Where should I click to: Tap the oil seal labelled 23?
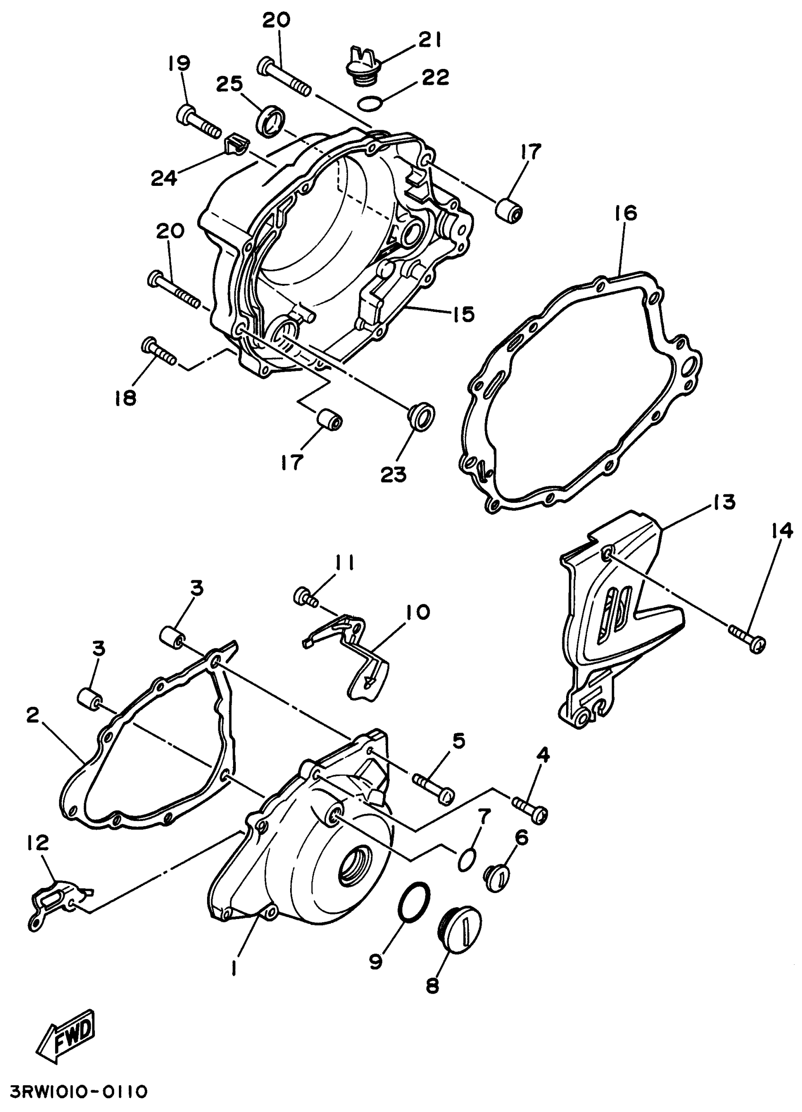(x=421, y=417)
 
